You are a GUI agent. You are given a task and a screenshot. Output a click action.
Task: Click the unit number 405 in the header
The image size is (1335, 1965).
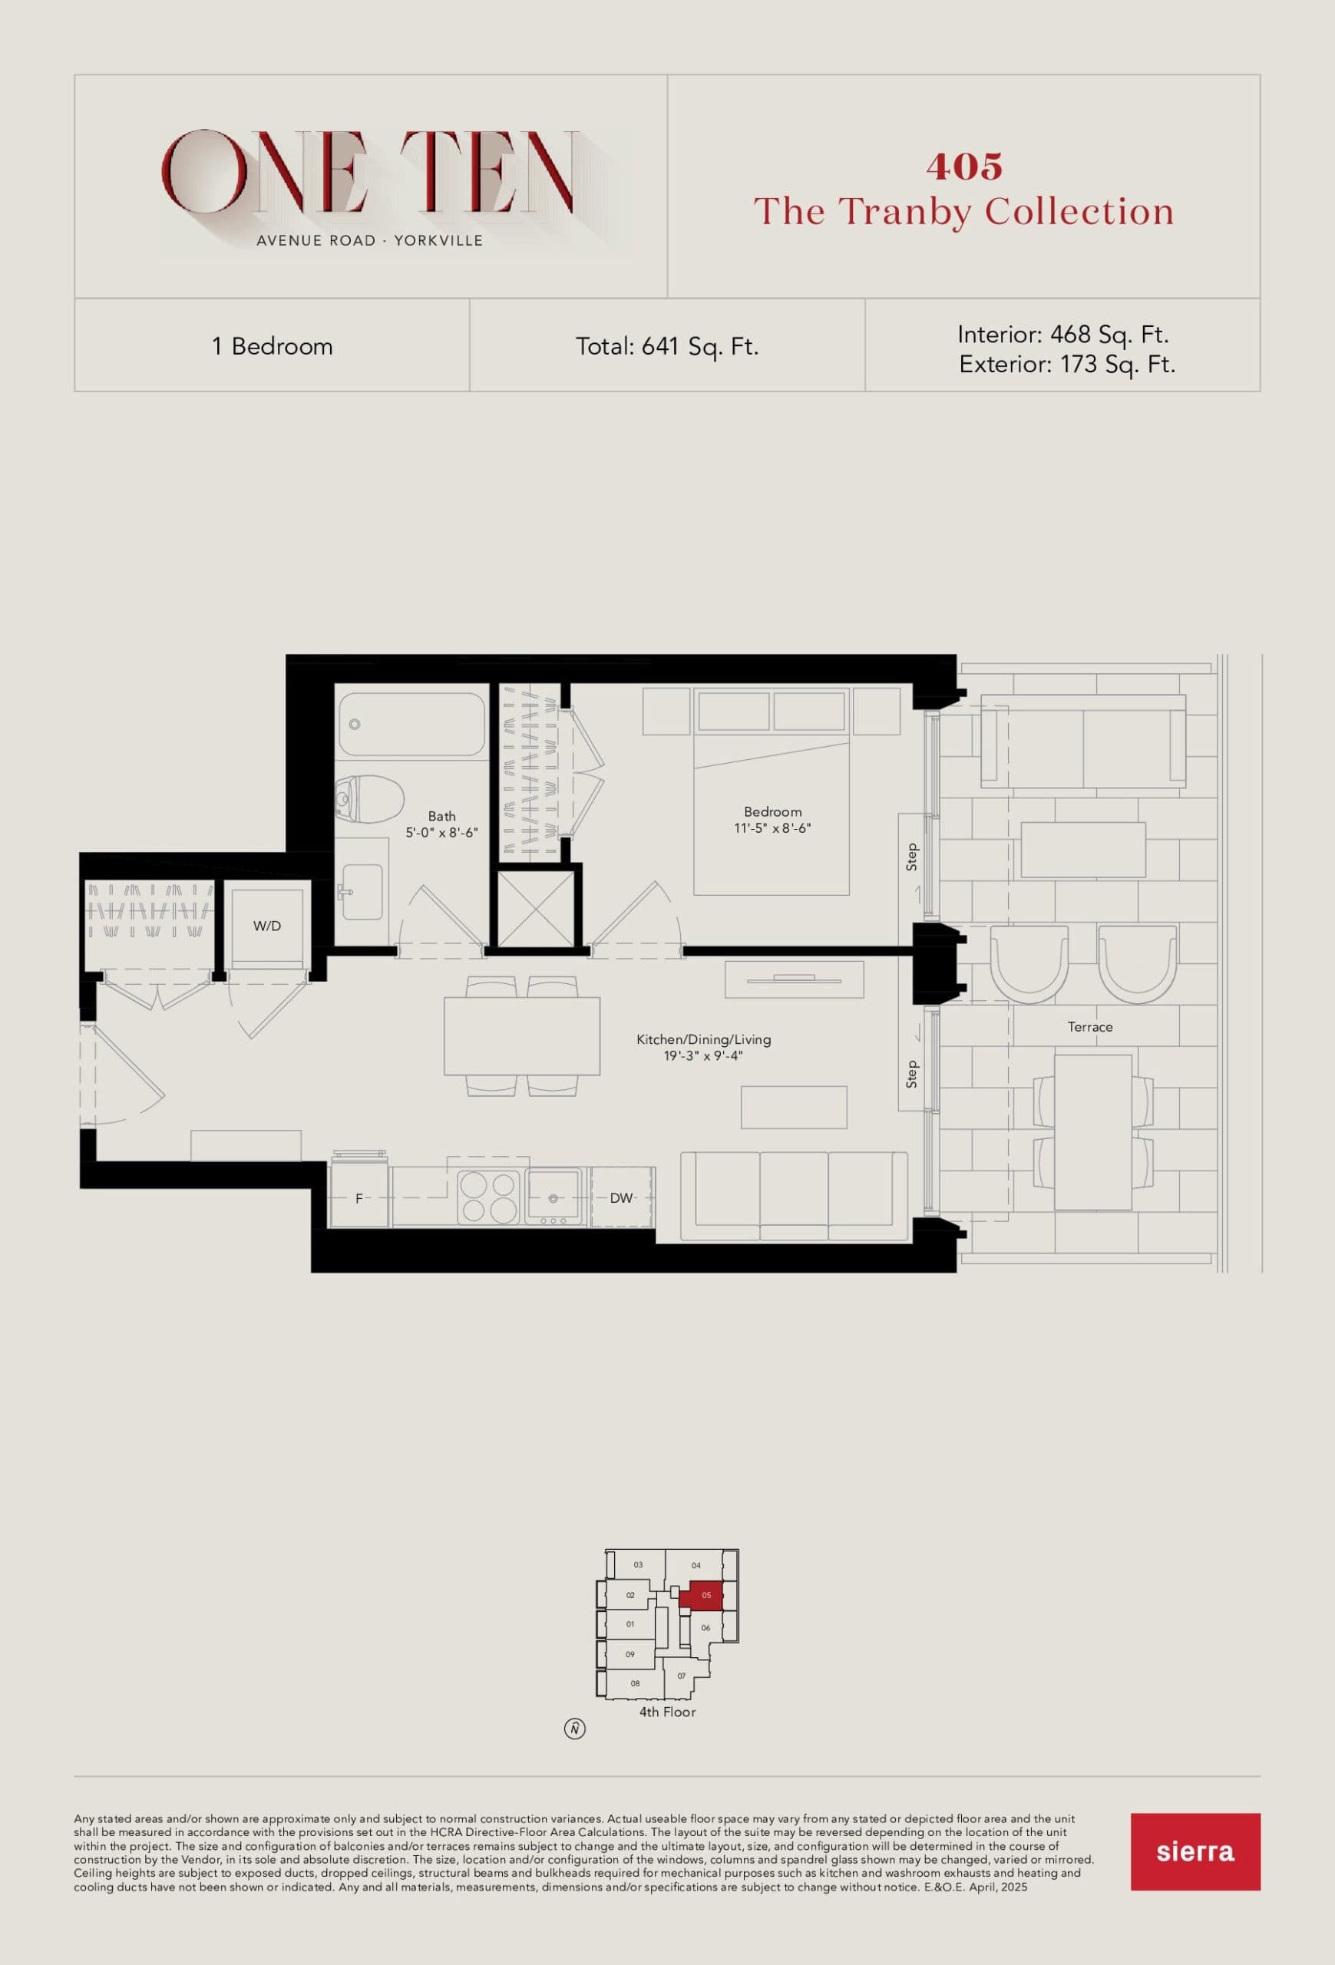964,167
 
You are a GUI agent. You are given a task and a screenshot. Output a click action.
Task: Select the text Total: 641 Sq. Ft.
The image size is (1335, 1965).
667,347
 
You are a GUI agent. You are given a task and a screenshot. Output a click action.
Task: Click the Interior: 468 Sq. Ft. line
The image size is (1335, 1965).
1062,335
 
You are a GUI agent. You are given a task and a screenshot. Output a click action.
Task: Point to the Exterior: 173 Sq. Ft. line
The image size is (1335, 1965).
1067,365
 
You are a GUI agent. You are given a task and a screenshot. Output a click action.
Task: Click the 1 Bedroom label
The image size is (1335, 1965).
273,347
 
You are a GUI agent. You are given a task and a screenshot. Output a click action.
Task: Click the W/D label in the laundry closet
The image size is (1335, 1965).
267,926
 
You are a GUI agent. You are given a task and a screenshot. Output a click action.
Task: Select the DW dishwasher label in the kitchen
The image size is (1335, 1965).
621,1198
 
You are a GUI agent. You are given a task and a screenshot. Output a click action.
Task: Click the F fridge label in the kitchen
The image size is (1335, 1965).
359,1199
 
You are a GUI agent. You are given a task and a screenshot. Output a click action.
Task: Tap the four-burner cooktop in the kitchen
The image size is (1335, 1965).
487,1197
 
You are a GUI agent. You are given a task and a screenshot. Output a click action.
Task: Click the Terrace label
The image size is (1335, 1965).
1089,1027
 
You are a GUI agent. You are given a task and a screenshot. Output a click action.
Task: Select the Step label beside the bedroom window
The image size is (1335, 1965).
911,857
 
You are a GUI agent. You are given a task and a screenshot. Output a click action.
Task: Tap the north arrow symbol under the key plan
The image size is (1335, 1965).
574,1729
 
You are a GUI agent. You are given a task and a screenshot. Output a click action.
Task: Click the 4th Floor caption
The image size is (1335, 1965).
667,1712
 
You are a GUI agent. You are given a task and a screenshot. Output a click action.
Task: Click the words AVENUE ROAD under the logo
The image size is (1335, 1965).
316,241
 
